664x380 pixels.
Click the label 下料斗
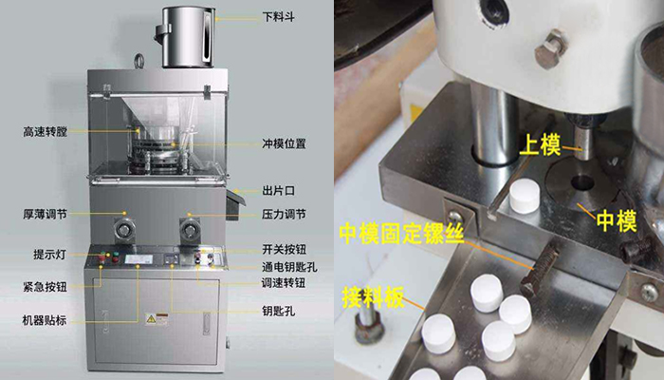click(278, 17)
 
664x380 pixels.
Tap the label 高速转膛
click(46, 132)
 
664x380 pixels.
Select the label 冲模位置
click(284, 143)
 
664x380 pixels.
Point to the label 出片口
click(278, 191)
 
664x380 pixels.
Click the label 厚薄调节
click(46, 214)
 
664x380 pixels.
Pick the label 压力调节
click(284, 215)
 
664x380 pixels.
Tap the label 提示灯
click(50, 255)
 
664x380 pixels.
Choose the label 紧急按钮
click(46, 287)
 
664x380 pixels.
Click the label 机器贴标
click(45, 320)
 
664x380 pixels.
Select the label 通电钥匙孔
click(289, 267)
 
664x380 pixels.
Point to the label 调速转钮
click(284, 283)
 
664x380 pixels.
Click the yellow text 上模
click(541, 145)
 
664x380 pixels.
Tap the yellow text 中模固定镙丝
click(402, 234)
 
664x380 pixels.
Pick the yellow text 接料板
click(373, 296)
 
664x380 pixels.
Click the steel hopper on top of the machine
click(186, 37)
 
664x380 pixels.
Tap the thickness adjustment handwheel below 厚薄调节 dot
click(124, 230)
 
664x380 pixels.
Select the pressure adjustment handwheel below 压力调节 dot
click(190, 230)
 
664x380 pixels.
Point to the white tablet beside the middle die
click(525, 195)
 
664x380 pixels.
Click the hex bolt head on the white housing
click(549, 48)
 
